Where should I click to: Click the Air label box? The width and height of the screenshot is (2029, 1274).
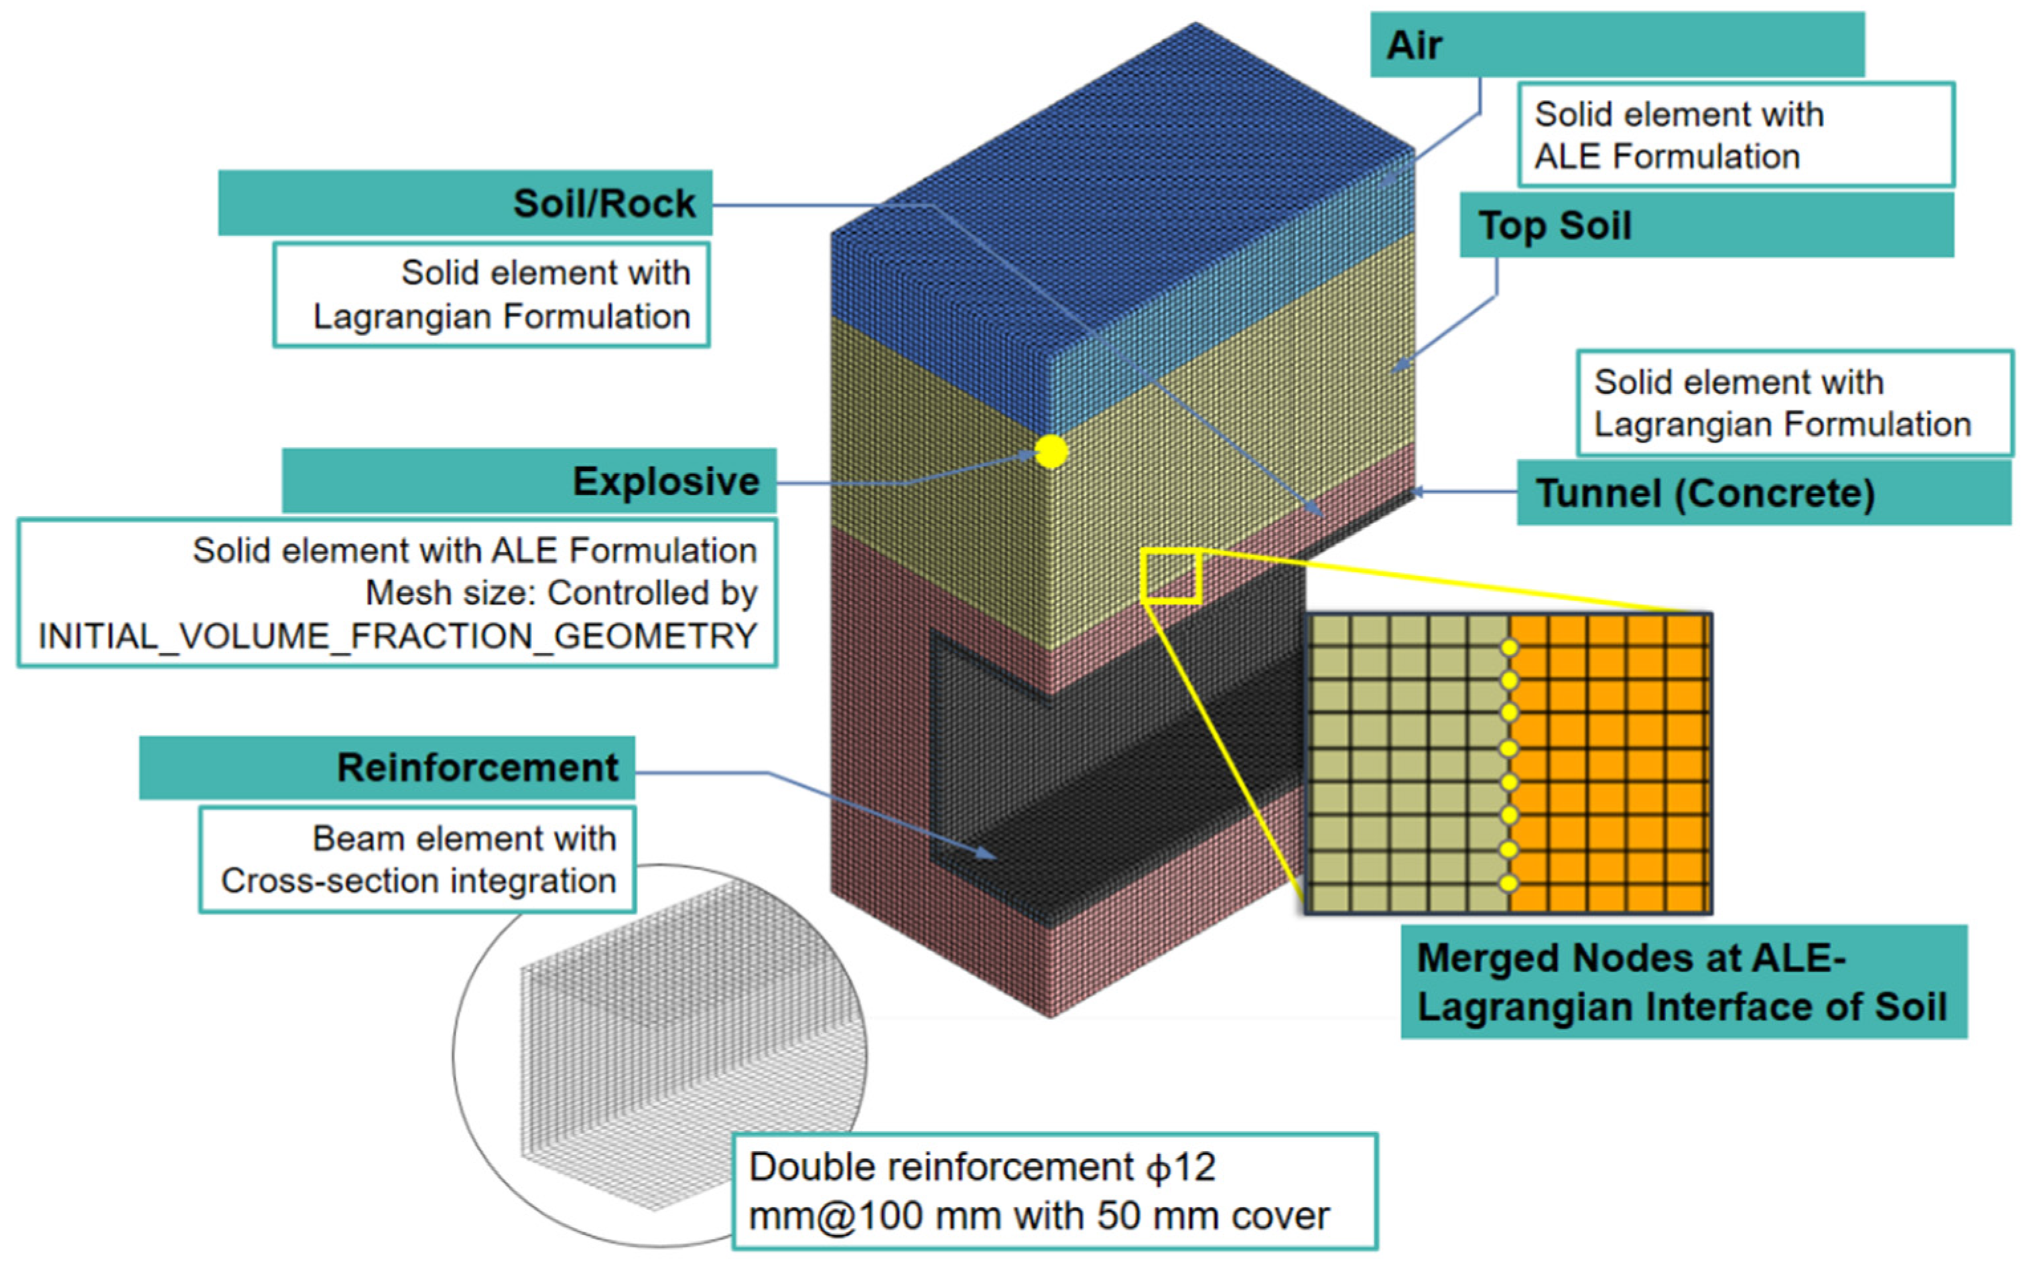pyautogui.click(x=1616, y=44)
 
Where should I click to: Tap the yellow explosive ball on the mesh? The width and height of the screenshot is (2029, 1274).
pyautogui.click(x=1051, y=453)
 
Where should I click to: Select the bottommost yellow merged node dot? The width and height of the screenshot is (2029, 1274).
pyautogui.click(x=1508, y=883)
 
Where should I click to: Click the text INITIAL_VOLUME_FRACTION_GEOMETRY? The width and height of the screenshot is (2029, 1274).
pyautogui.click(x=397, y=636)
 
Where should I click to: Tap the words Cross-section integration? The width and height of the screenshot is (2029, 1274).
pyautogui.click(x=419, y=881)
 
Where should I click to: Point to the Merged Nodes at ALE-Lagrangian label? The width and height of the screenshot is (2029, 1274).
pyautogui.click(x=1683, y=981)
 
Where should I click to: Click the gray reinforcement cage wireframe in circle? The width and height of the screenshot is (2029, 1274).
pyautogui.click(x=674, y=1053)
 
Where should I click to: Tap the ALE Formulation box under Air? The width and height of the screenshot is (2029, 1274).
pyautogui.click(x=1735, y=135)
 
